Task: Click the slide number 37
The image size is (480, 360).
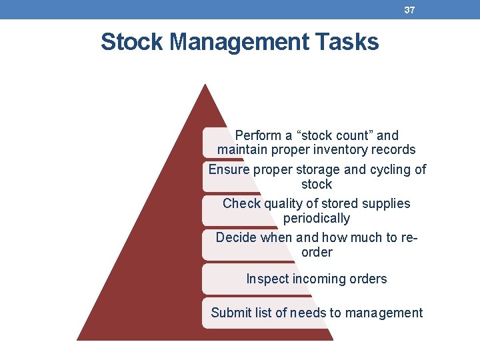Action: (409, 10)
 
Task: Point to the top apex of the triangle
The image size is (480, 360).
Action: (205, 85)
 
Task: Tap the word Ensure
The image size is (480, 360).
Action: (228, 169)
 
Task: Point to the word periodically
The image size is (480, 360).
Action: (316, 218)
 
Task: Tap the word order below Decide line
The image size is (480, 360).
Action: (316, 252)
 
